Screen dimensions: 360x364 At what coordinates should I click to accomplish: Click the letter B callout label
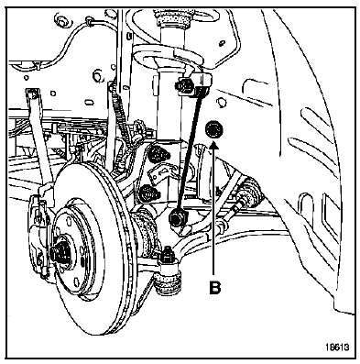(x=214, y=288)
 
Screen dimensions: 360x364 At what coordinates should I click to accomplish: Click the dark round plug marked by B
(x=213, y=129)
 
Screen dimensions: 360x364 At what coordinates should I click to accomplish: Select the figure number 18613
(x=337, y=347)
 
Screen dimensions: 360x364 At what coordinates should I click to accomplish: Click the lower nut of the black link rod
(x=176, y=218)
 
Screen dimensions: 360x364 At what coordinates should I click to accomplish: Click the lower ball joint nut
(x=168, y=255)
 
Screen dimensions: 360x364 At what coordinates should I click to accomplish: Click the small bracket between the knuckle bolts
(x=161, y=173)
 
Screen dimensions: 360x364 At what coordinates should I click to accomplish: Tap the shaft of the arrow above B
(x=214, y=211)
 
